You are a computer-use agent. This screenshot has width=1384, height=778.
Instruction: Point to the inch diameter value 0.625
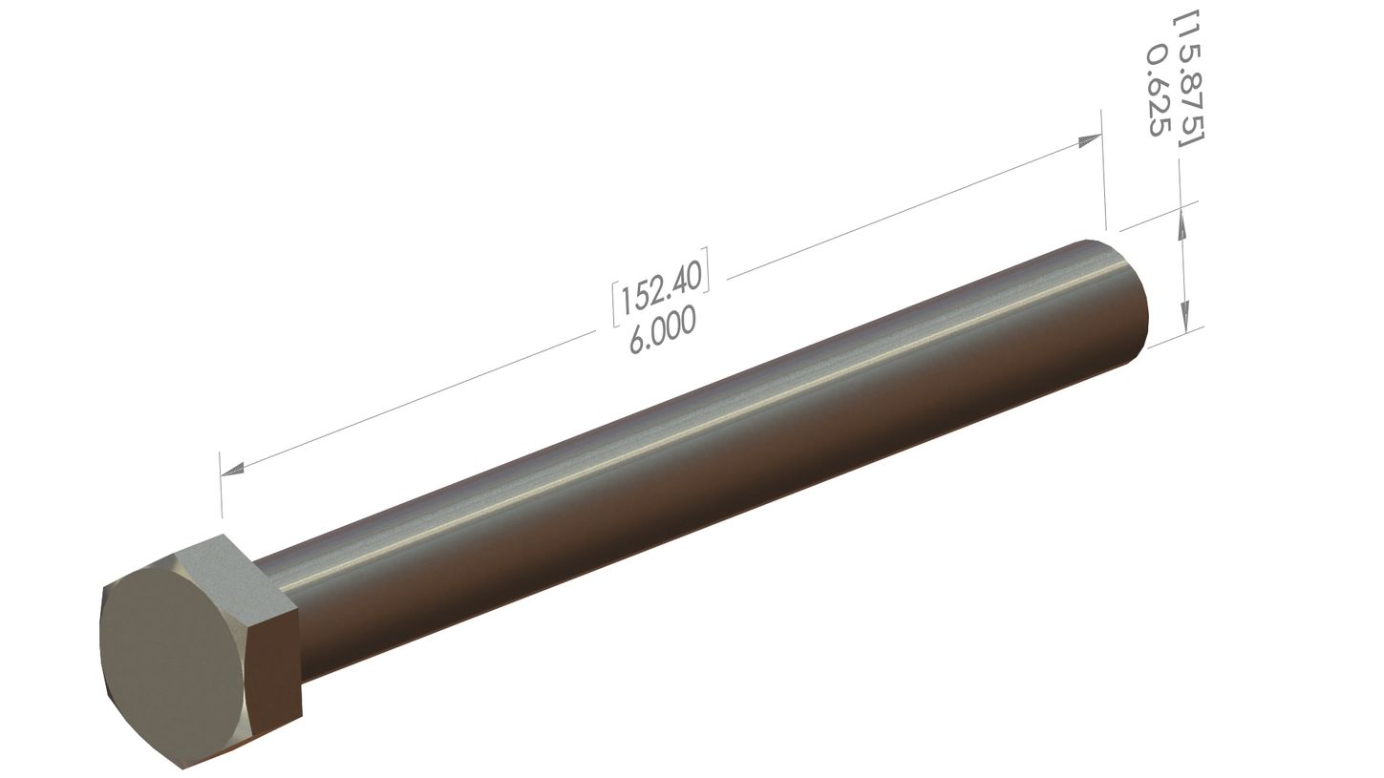pos(1157,92)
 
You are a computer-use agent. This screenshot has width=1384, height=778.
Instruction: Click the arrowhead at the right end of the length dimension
pos(1089,141)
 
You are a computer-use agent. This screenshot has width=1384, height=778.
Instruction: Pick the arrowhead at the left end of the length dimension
pos(232,469)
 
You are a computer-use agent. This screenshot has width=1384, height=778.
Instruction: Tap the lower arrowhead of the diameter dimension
pos(1185,316)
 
